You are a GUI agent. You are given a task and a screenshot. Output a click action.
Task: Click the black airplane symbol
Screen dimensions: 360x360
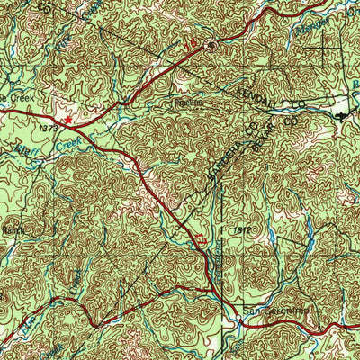pos(340,114)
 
